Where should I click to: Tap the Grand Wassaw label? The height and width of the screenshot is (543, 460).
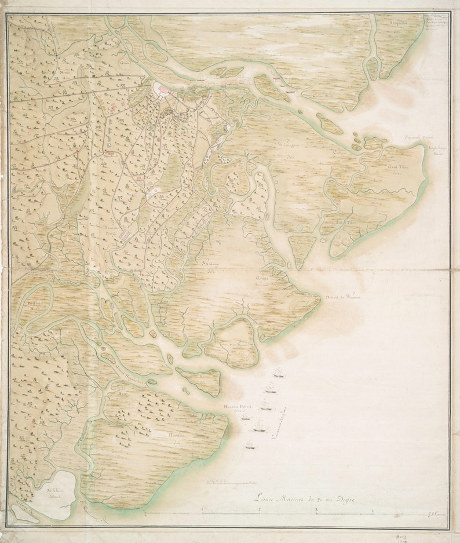[264, 283]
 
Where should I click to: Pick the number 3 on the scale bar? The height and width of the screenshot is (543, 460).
[316, 511]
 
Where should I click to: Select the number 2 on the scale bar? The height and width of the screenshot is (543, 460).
[260, 511]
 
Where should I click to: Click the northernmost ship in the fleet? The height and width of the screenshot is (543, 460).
[279, 375]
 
